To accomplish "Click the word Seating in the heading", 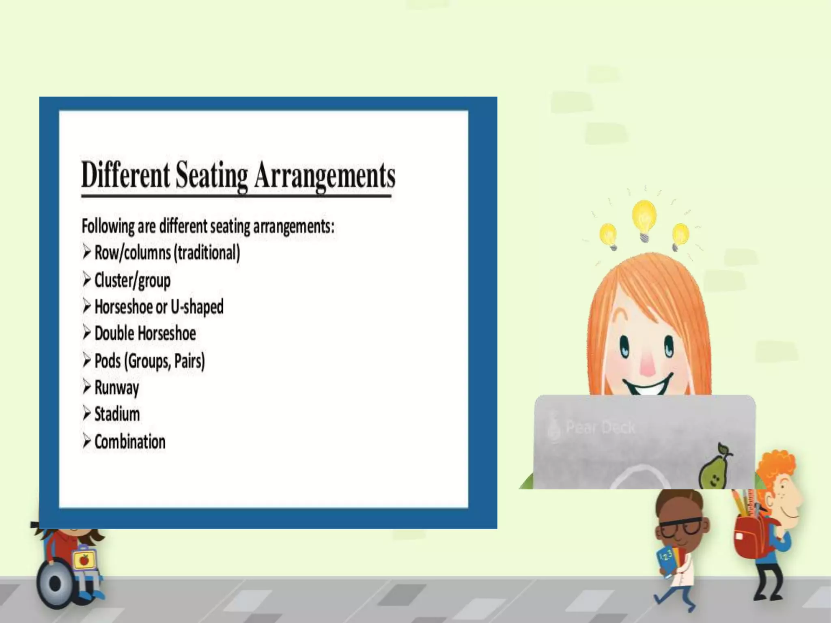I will click(211, 175).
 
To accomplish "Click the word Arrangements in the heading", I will click(325, 175).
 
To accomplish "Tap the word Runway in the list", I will click(116, 388).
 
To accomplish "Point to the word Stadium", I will click(117, 414).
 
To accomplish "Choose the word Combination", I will click(130, 441).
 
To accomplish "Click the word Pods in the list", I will click(108, 361).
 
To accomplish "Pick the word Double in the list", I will click(114, 333).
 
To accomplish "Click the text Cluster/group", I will click(132, 280).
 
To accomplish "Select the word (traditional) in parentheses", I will click(207, 253).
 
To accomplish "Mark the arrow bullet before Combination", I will click(86, 441).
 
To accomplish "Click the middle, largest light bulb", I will click(644, 219).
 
